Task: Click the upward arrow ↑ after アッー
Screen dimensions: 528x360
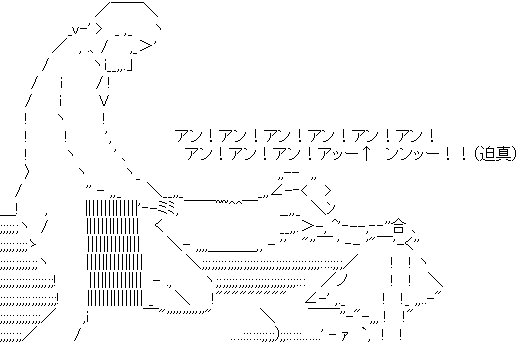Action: (365, 154)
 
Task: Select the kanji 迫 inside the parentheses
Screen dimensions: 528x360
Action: (487, 154)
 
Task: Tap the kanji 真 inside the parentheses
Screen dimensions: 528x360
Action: (502, 154)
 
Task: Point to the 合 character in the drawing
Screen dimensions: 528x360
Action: (399, 226)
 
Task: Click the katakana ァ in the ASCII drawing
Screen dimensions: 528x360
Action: (344, 335)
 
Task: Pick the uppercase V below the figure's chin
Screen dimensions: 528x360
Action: (104, 100)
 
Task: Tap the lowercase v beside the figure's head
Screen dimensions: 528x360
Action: (75, 30)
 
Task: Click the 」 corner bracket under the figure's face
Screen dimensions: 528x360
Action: (129, 65)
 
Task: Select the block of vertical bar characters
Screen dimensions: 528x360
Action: (114, 253)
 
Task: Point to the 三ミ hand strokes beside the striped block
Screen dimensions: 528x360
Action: (166, 206)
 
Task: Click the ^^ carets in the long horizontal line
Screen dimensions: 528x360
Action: (235, 202)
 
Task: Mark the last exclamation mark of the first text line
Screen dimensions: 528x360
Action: (432, 136)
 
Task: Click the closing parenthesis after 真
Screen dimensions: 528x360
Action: (514, 154)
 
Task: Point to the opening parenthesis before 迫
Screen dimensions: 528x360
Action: (477, 154)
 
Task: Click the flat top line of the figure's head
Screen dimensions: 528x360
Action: (127, 2)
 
